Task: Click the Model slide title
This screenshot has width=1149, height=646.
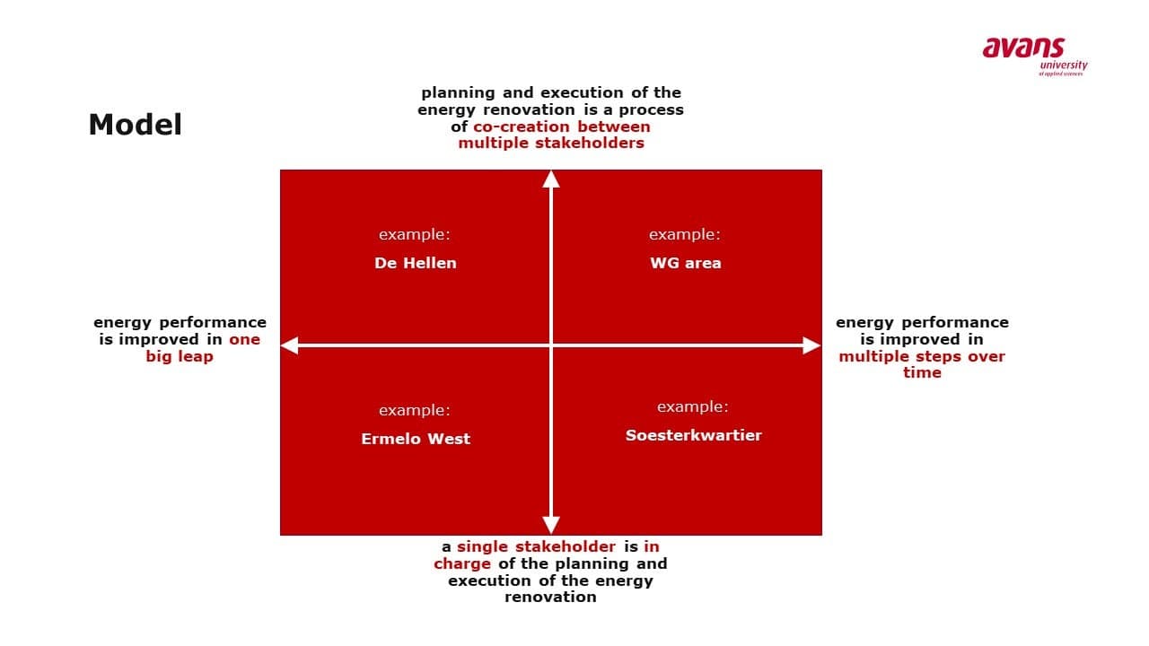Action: pos(135,125)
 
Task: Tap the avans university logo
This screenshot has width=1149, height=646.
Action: pos(1035,57)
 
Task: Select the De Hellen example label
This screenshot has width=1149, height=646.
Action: pos(416,263)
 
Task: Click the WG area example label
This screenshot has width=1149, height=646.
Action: pos(685,263)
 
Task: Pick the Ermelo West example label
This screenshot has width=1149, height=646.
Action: pos(416,439)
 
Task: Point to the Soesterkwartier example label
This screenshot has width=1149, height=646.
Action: pos(694,435)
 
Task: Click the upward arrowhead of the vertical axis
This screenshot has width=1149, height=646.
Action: pos(551,179)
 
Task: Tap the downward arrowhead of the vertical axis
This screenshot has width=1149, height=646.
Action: pos(551,526)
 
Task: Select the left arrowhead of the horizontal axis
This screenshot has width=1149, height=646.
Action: pos(289,345)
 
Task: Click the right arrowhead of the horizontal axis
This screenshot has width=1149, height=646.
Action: pos(812,345)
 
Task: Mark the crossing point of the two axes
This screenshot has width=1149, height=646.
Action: pos(551,345)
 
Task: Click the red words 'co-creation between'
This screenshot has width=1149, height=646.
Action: pos(562,127)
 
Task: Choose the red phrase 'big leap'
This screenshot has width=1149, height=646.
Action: pos(180,356)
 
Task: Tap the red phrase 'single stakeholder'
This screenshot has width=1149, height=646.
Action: pos(536,546)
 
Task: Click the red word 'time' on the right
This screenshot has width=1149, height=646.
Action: pos(922,372)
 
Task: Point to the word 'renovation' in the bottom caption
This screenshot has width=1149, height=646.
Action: pos(550,597)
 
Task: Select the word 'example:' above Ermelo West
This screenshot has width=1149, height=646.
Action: pos(415,410)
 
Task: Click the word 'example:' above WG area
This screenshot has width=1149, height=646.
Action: pos(685,234)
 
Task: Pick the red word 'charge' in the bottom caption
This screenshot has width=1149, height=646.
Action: pos(462,564)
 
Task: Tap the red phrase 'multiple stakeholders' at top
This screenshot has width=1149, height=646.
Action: pos(551,143)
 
